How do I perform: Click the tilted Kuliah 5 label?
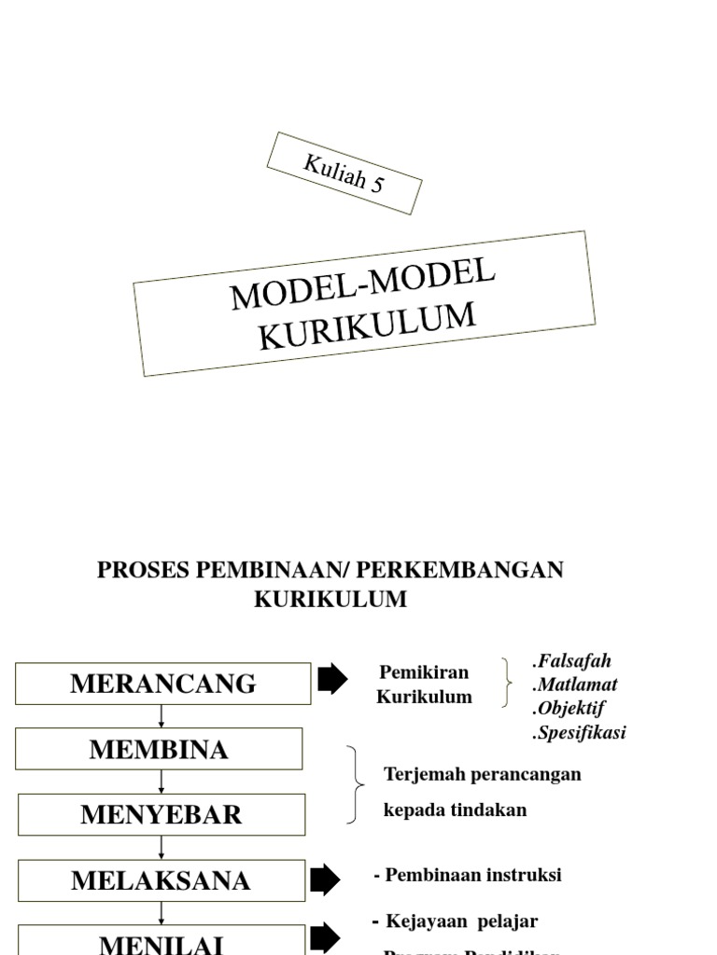point(344,173)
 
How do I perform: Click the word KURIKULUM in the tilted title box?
point(367,325)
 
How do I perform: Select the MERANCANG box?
point(162,684)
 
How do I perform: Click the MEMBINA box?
point(159,749)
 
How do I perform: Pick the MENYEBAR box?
point(161,814)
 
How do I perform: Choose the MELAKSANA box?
point(161,880)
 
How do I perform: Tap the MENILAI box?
point(161,942)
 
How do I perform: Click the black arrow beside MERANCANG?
point(332,680)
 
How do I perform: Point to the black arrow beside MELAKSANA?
point(325,879)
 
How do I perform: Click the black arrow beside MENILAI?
point(325,938)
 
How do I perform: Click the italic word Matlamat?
point(576,685)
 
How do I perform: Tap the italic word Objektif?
point(569,708)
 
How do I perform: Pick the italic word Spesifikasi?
point(580,732)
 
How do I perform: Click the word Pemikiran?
point(424,672)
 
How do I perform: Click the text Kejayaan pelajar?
point(461,921)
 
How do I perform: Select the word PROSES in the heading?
point(142,570)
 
